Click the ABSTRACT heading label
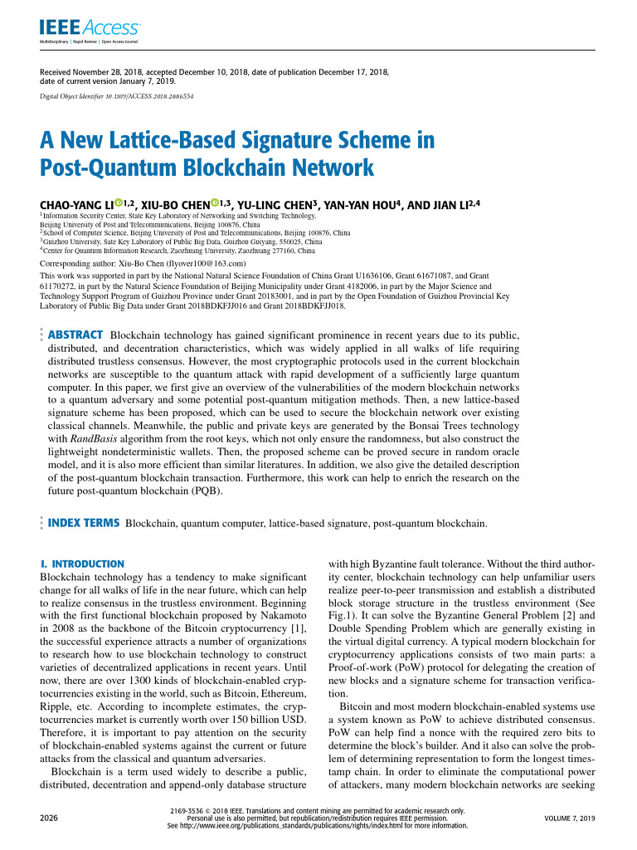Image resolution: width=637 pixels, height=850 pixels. tap(75, 335)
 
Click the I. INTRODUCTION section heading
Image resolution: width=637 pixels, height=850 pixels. tap(82, 564)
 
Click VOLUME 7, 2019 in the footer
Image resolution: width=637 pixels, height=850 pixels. tap(570, 818)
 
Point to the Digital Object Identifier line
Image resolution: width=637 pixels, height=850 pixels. tap(116, 96)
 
